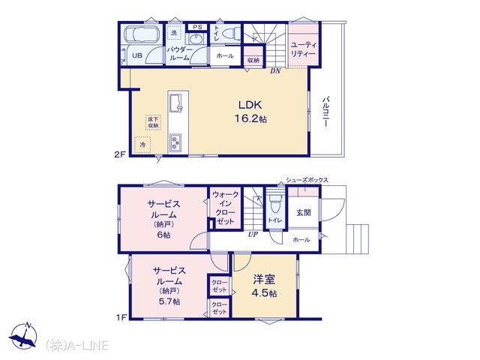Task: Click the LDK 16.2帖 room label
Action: coord(250,112)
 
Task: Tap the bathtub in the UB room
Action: coord(142,34)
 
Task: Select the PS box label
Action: coord(197,27)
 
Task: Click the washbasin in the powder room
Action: coord(195,39)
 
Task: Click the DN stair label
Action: coord(275,71)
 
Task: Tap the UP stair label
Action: coord(253,235)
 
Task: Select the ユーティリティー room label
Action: coord(303,49)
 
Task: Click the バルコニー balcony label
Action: coord(325,112)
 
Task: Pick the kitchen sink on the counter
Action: coord(175,103)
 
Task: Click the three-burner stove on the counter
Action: coord(175,142)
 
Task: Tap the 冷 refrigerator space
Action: coord(142,145)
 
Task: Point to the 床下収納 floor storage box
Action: coord(153,122)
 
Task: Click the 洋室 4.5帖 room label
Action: coord(264,286)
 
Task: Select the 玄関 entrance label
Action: coord(304,212)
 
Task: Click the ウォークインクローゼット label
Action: coord(225,208)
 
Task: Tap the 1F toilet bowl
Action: coord(275,203)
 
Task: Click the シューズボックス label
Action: coord(307,180)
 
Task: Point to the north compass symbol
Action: coord(23,335)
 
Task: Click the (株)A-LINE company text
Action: coord(76,345)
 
